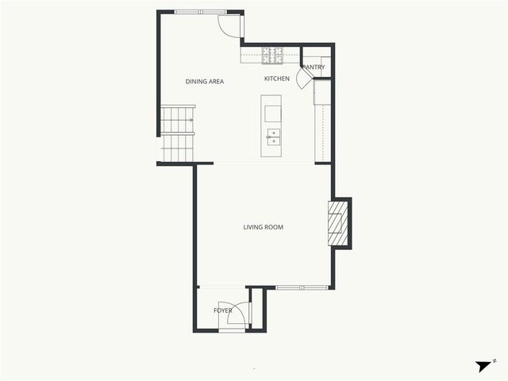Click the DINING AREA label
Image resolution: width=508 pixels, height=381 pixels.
204,82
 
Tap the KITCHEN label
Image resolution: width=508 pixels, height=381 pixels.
277,79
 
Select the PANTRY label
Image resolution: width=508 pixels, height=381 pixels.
314,67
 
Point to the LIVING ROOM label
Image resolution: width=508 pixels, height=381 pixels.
263,228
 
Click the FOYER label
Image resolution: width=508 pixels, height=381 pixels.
223,310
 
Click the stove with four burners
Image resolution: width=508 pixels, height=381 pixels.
273,56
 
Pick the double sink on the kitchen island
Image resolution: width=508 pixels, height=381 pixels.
273,137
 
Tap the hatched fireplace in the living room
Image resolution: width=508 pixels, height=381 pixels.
338,223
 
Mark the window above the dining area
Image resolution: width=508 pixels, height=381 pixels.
200,12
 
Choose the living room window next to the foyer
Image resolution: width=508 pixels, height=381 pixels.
301,287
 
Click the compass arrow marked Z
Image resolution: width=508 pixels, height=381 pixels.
484,366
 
